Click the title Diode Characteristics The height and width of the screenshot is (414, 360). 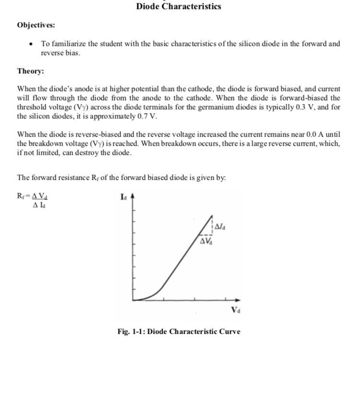point(179,7)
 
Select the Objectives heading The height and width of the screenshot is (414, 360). point(36,25)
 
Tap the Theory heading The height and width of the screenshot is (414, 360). point(30,71)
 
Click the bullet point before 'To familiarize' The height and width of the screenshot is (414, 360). point(31,44)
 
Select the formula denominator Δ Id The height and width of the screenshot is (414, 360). point(39,205)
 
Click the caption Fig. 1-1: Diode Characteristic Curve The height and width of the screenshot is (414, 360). point(179,331)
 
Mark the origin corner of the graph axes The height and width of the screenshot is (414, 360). point(133,300)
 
